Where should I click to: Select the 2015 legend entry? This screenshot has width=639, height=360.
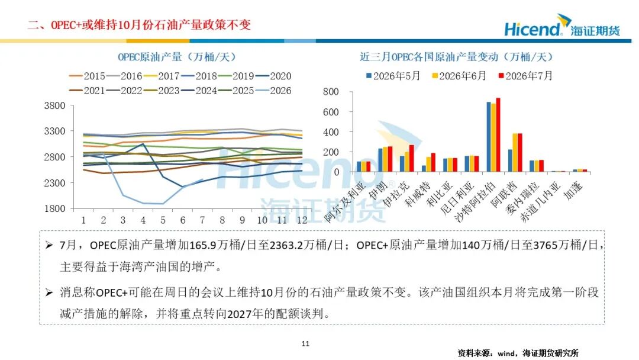tap(87, 76)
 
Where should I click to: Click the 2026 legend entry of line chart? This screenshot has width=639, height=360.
tap(273, 91)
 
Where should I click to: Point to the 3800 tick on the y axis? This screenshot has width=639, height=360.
tap(54, 105)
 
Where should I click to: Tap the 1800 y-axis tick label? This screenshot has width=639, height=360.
tap(54, 209)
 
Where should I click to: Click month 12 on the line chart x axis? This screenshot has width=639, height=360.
tap(302, 220)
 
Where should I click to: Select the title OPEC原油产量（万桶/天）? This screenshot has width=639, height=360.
tap(177, 57)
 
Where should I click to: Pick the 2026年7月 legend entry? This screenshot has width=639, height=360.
tap(525, 76)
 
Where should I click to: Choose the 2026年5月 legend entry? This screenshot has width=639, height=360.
tap(393, 76)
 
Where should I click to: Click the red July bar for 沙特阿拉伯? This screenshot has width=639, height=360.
tap(498, 135)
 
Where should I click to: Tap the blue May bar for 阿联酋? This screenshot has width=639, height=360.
tap(510, 160)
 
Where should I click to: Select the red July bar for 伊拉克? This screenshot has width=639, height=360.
tap(412, 158)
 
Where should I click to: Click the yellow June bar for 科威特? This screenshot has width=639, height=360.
tap(428, 164)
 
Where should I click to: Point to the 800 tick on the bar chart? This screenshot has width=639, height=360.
tap(331, 92)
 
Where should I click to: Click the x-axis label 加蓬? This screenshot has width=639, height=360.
tap(573, 190)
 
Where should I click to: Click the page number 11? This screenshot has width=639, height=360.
tap(306, 343)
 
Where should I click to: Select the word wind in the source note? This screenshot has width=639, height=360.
tap(506, 353)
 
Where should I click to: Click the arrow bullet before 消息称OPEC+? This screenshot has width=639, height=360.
tap(49, 292)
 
